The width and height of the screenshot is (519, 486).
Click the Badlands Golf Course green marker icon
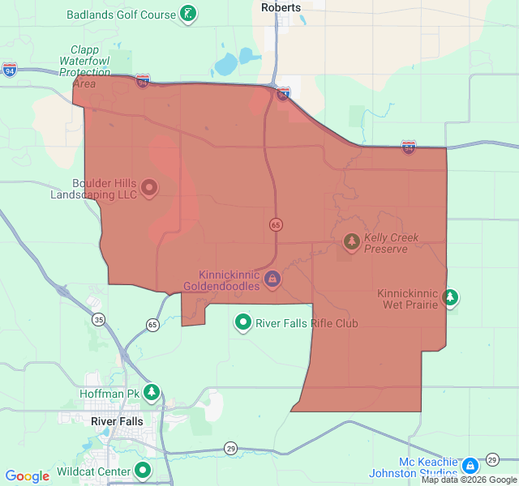point(188,14)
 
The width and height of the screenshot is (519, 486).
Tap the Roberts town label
point(281,7)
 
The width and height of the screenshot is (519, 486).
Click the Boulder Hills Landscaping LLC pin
point(149,188)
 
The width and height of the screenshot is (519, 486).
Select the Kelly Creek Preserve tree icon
point(351,241)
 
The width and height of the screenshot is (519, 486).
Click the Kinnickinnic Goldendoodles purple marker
point(272,279)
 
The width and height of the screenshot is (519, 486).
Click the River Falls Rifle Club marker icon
point(242,323)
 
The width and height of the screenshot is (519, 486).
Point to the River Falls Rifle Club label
point(307,324)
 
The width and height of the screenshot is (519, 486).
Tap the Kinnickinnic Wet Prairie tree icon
point(450,298)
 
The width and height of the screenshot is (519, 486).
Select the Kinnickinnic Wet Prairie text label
point(408,299)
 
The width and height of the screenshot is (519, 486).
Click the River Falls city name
point(117,421)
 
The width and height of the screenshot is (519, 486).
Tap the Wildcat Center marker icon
point(143,470)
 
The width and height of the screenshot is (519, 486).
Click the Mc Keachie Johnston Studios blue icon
point(470,466)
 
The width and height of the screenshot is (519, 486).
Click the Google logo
point(27,476)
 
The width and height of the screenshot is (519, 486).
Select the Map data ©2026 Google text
point(468,480)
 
